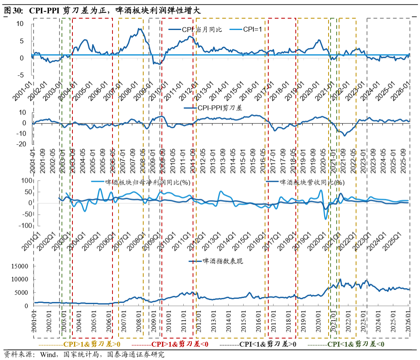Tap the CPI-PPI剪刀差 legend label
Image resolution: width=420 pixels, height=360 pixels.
click(218, 108)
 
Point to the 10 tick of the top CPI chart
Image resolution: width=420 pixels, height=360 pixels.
click(20, 23)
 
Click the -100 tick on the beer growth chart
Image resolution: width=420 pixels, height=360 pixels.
click(25, 226)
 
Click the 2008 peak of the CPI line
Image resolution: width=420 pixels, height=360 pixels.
click(139, 29)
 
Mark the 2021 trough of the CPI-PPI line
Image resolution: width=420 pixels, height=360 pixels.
click(345, 135)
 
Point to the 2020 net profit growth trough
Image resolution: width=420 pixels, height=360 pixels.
click(325, 219)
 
